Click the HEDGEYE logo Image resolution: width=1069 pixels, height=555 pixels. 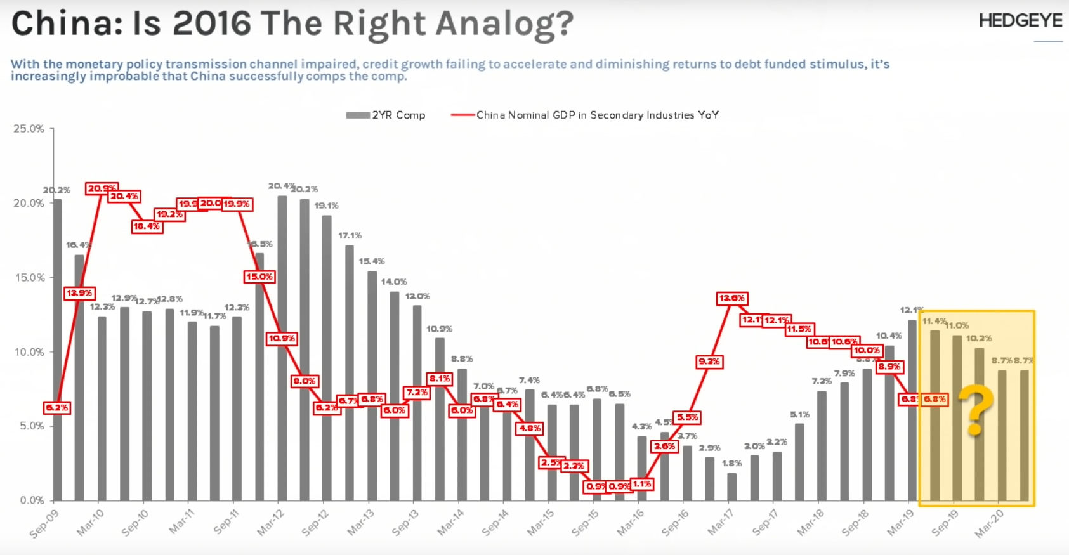tap(1020, 21)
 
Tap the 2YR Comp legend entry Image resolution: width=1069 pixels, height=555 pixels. tap(386, 115)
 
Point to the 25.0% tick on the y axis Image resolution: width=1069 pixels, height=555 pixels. tap(29, 129)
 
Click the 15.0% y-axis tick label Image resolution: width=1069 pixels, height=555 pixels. tap(29, 278)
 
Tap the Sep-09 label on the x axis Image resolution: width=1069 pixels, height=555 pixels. tap(44, 523)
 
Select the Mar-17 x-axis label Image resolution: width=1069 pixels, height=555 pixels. tap(721, 523)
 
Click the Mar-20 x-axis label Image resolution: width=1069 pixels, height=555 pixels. tap(989, 523)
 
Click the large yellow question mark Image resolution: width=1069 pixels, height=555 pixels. tap(975, 410)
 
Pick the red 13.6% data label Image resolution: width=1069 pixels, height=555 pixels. tap(731, 298)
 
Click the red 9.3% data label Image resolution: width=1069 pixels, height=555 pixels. tap(709, 362)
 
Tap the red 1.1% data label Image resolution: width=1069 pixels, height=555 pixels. tap(641, 484)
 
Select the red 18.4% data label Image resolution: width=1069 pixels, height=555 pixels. tap(147, 226)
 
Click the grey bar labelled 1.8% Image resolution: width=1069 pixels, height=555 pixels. tap(731, 486)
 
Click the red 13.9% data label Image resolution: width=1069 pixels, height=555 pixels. tap(79, 293)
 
